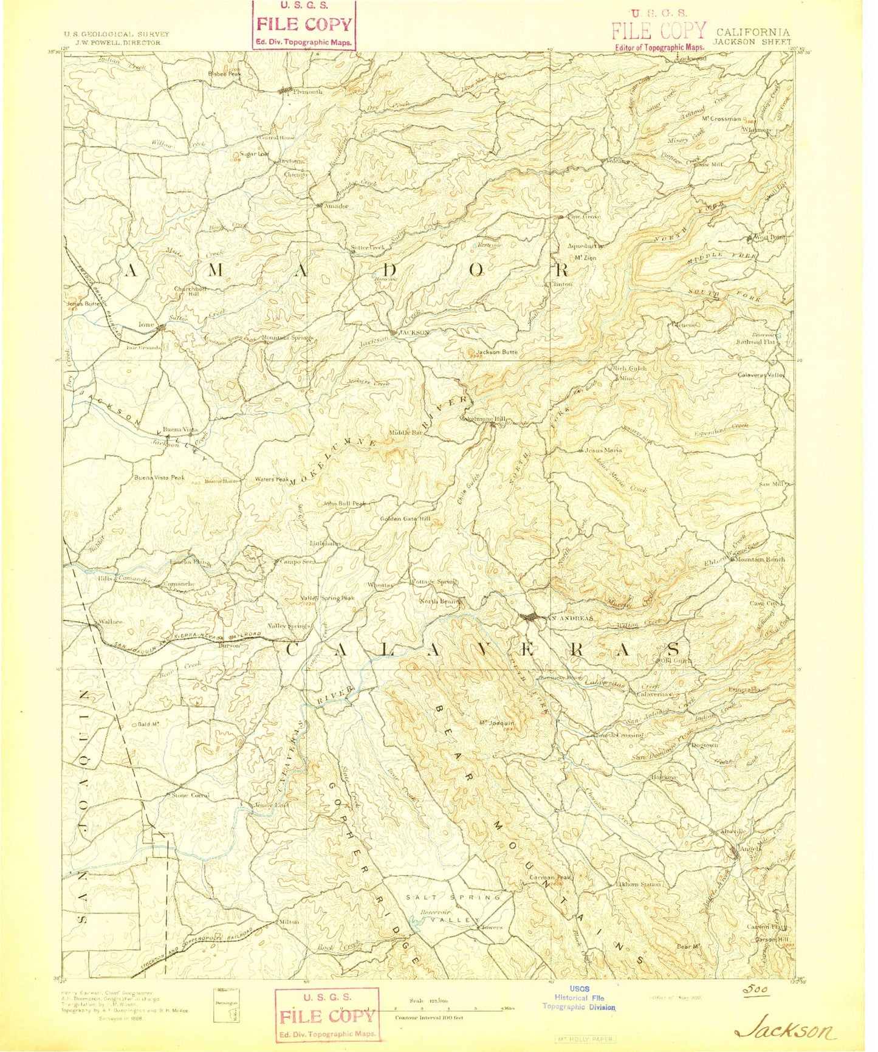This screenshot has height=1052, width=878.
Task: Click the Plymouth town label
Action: click(x=307, y=92)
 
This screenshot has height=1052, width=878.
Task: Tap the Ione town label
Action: click(x=146, y=325)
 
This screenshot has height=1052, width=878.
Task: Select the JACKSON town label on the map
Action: click(x=415, y=332)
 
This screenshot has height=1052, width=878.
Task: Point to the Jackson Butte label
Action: click(x=496, y=352)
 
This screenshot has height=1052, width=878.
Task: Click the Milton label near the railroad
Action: click(x=289, y=922)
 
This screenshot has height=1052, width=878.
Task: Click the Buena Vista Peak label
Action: click(x=159, y=478)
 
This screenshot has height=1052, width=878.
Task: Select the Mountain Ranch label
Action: click(x=760, y=559)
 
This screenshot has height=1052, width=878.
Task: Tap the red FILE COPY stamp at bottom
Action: click(x=327, y=1016)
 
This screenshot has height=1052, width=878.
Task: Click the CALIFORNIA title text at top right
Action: click(x=753, y=33)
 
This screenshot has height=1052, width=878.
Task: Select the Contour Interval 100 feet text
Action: click(x=429, y=1017)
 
